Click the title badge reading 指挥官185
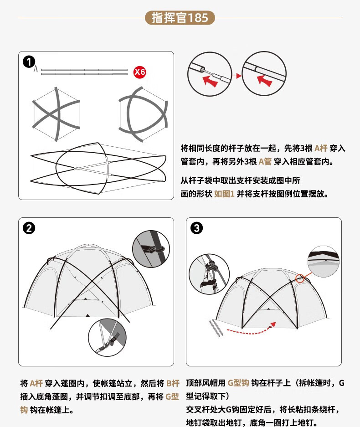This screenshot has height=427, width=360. click(180, 18)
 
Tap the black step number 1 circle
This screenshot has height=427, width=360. click(29, 62)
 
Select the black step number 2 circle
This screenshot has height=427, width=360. click(29, 228)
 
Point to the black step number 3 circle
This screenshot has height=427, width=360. click(196, 228)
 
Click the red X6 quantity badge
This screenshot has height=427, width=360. click(140, 72)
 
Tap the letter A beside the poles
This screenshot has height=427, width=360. click(36, 69)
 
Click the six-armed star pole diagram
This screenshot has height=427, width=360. click(56, 114)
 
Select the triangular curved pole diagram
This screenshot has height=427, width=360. click(143, 114)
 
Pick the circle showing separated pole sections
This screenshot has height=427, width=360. click(210, 74)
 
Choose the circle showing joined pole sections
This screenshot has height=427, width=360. click(264, 73)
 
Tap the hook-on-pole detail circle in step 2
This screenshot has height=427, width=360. click(151, 249)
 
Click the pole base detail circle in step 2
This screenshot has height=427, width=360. click(107, 337)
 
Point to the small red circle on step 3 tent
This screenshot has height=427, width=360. click(300, 278)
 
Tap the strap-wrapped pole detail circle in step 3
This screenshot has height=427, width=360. click(209, 274)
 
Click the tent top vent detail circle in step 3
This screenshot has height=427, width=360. click(324, 262)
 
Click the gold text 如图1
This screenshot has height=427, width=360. click(224, 194)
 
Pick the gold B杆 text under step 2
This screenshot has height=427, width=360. click(173, 383)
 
